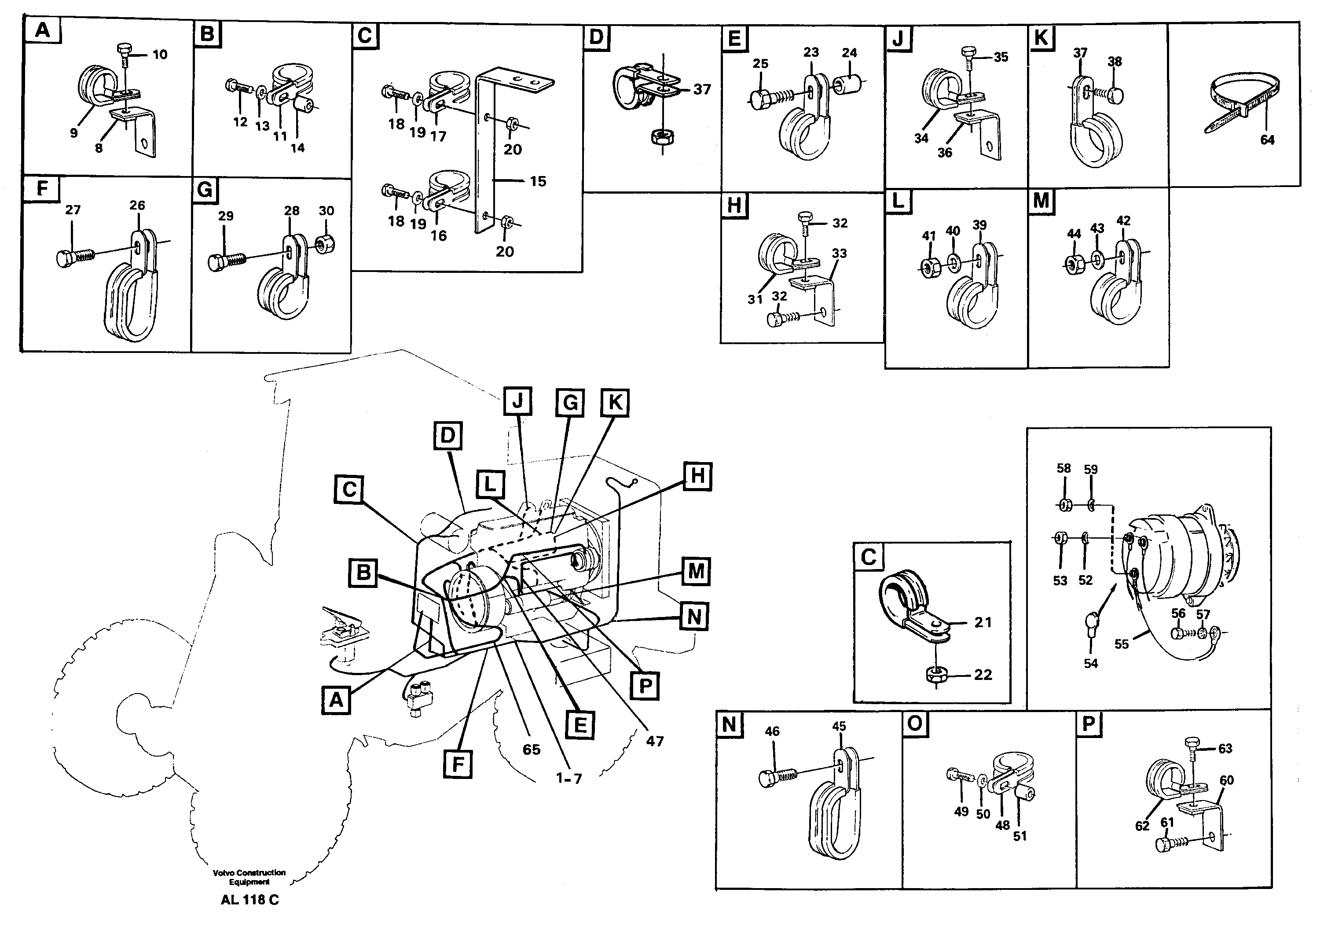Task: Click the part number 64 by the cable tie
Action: [1267, 140]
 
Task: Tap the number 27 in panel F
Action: [73, 210]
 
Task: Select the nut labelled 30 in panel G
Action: [326, 244]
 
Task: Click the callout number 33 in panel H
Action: [839, 253]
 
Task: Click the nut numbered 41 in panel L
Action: [928, 268]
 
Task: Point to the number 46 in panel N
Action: [772, 731]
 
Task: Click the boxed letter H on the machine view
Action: [697, 476]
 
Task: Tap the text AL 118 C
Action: [249, 900]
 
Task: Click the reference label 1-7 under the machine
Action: [568, 778]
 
